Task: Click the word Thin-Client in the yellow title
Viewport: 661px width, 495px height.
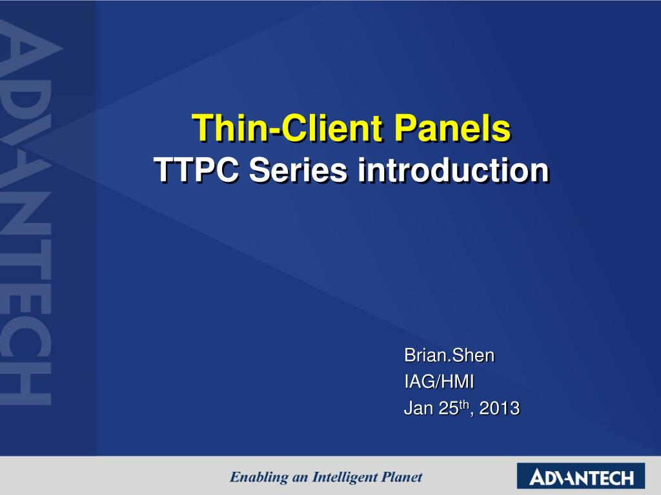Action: pyautogui.click(x=287, y=128)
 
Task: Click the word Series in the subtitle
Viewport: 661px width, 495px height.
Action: pyautogui.click(x=298, y=170)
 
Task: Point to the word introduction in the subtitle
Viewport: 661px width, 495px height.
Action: pyautogui.click(x=453, y=170)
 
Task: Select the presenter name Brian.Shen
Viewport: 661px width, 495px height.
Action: pyautogui.click(x=449, y=355)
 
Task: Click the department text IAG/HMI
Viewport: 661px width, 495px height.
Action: pyautogui.click(x=439, y=382)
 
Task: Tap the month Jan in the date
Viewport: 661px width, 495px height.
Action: pyautogui.click(x=418, y=408)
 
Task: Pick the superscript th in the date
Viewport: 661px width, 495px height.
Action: pyautogui.click(x=463, y=405)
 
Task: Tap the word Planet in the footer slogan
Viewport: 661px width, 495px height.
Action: pyautogui.click(x=402, y=477)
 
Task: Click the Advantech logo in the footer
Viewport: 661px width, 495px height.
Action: pyautogui.click(x=581, y=476)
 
